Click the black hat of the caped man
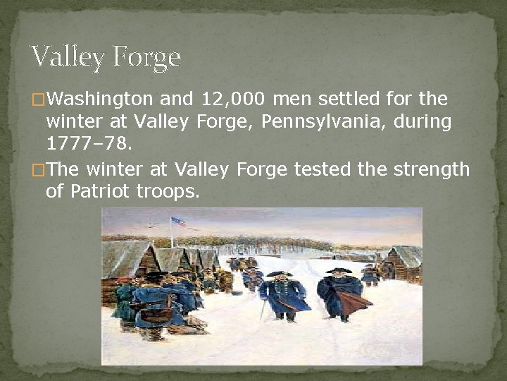pos(338,271)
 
